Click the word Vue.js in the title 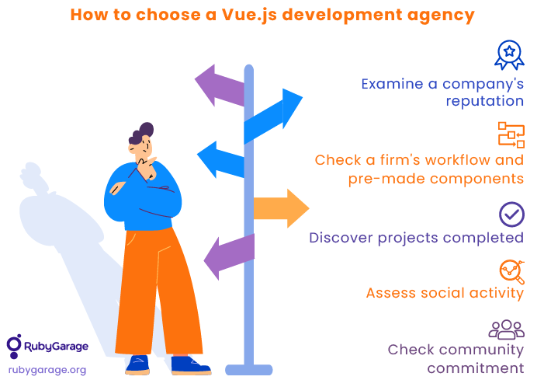point(249,16)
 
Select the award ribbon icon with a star point(509,55)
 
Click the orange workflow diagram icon point(511,134)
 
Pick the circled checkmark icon point(511,214)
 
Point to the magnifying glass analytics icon point(512,272)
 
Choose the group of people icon point(507,329)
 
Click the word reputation point(485,102)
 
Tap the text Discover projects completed point(416,239)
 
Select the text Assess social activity point(445,293)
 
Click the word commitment point(476,368)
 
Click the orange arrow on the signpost point(282,208)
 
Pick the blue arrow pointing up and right point(273,117)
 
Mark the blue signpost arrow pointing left point(220,159)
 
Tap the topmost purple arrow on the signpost point(220,85)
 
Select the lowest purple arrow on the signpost point(229,256)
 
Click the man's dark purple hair point(141,133)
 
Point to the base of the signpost point(249,370)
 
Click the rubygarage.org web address point(47,371)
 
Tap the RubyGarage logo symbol point(14,346)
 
